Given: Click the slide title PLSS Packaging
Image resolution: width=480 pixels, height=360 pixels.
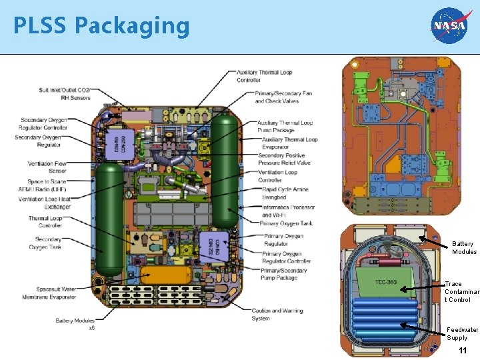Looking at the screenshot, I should point(101,26).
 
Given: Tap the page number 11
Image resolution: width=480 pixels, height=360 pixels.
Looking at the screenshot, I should point(462,351).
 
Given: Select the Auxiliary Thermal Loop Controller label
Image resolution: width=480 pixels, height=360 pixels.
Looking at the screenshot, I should point(265,76).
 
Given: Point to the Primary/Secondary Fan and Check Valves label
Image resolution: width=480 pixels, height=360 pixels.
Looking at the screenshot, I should point(283,97).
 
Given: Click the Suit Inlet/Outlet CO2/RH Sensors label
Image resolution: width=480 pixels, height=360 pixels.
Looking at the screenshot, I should point(65,93).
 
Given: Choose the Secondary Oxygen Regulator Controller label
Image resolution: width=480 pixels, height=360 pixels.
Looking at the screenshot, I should point(44,123).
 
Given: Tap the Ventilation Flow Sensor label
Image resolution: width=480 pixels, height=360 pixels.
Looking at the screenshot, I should point(47,167).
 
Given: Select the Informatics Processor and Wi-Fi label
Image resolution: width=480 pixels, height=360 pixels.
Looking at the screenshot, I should point(289,211).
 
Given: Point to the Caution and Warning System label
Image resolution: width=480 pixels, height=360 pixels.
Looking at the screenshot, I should point(277,314).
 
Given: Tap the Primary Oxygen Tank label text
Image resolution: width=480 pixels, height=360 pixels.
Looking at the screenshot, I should point(287,223).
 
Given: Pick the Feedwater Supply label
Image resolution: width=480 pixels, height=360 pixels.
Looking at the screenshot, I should point(462,333).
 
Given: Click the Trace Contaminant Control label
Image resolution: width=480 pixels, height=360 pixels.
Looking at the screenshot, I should point(462,291).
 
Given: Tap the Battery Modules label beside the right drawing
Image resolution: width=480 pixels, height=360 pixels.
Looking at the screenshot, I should point(464,247).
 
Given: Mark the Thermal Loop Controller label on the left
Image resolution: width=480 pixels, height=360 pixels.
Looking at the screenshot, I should point(45,221).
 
